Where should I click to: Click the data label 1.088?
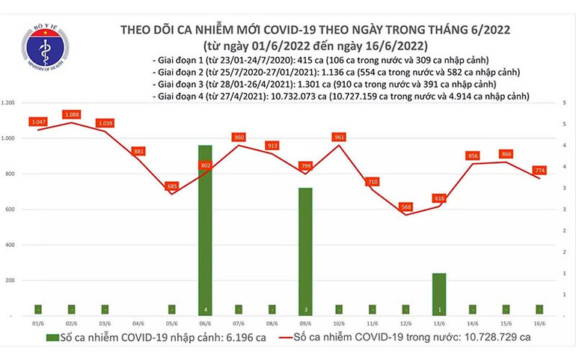click(72, 115)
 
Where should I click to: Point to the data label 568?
click(405, 207)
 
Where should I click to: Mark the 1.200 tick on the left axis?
click(10, 103)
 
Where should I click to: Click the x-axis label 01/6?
click(37, 323)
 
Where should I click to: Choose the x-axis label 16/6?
click(539, 323)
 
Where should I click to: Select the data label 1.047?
click(39, 121)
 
